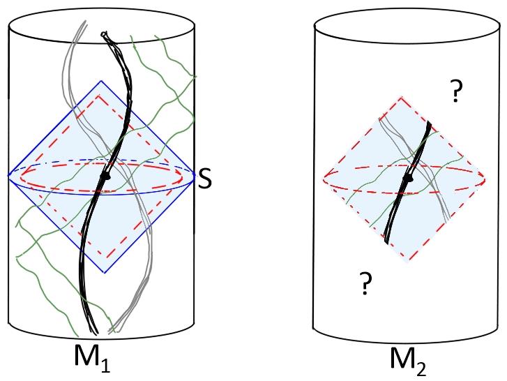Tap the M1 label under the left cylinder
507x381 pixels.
tap(93, 357)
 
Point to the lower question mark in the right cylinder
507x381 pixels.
tap(364, 284)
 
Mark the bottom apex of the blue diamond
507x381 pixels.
tap(104, 273)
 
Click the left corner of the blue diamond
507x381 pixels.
tap(9, 176)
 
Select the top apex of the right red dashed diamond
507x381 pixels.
tap(402, 98)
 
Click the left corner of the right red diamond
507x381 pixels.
tap(324, 180)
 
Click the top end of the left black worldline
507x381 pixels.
tap(103, 33)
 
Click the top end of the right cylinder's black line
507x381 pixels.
tap(430, 124)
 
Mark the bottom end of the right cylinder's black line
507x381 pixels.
tap(386, 241)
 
